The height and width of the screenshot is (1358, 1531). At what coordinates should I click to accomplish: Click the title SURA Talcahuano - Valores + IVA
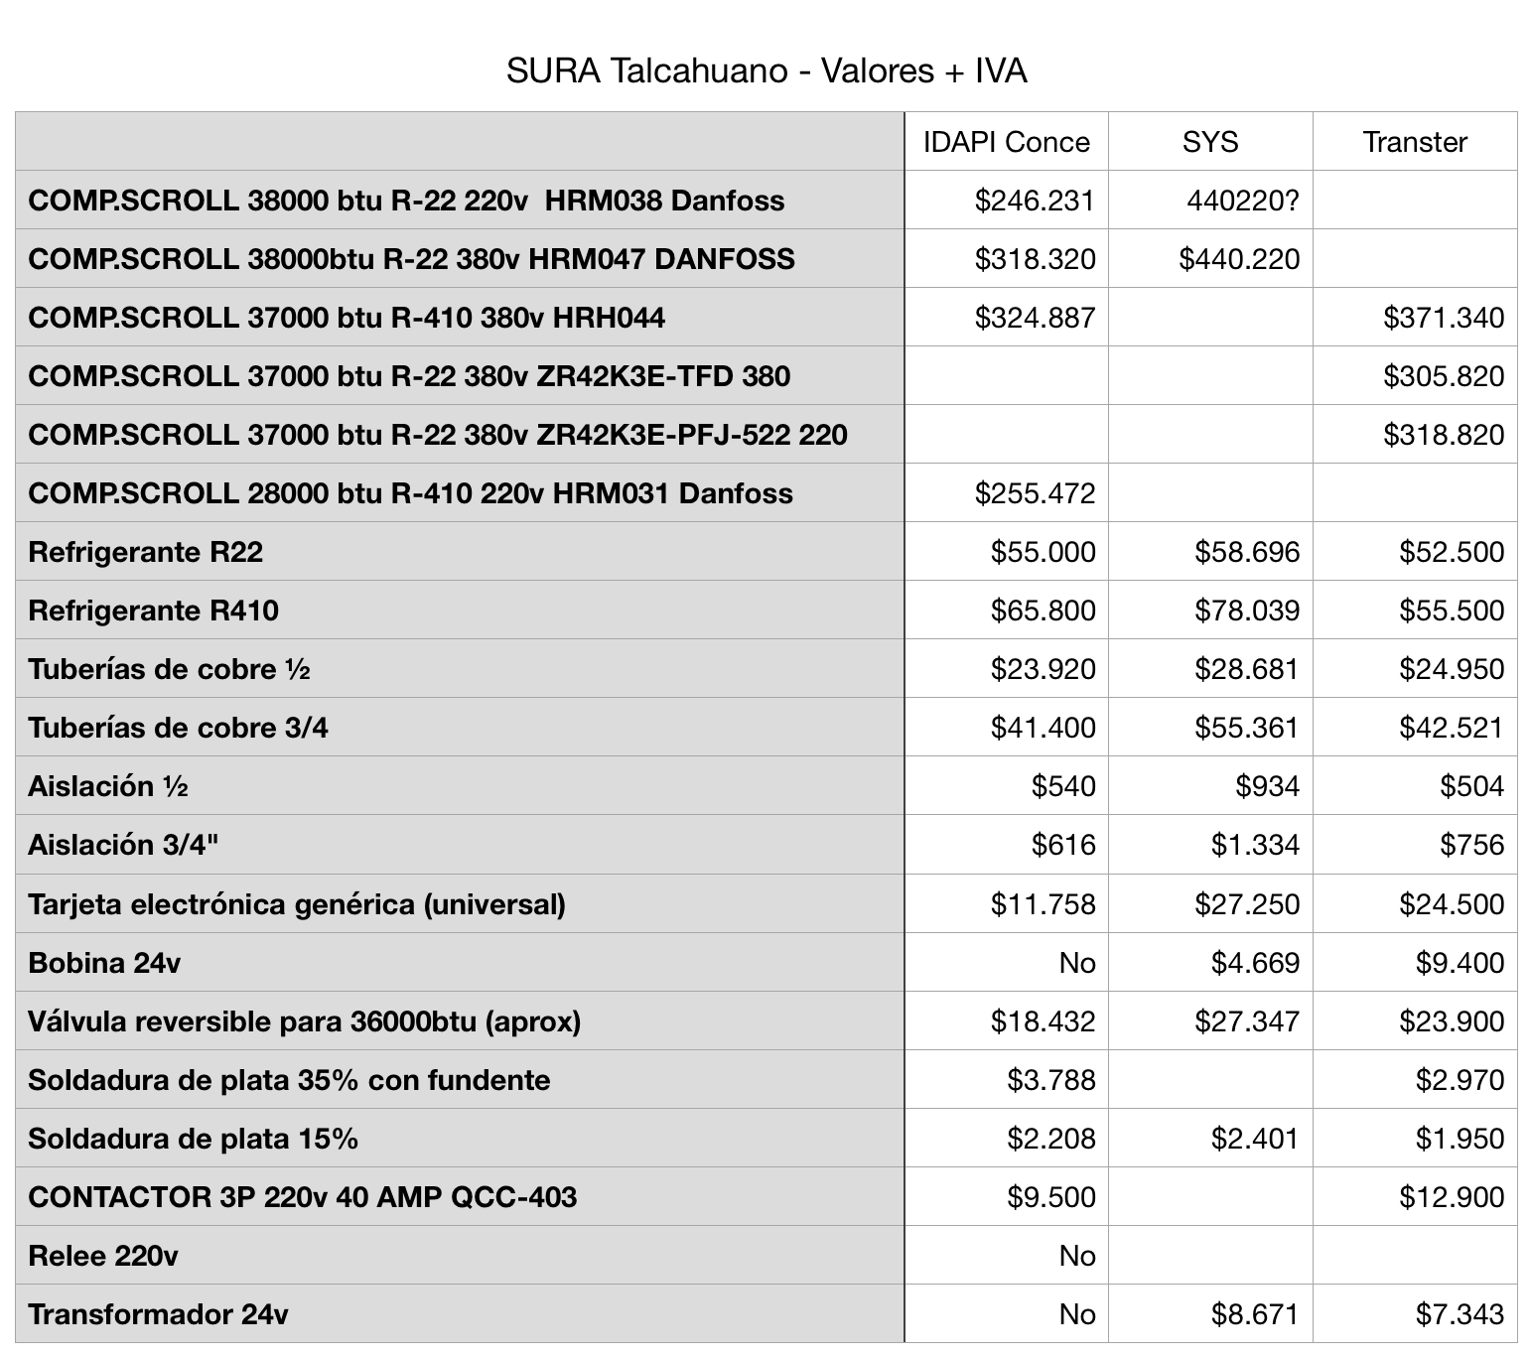[x=765, y=71]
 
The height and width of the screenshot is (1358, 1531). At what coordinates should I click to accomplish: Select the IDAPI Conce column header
[x=1006, y=142]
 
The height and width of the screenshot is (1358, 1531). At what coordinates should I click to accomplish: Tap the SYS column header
[x=1209, y=142]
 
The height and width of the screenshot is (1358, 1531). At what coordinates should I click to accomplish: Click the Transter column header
[x=1414, y=142]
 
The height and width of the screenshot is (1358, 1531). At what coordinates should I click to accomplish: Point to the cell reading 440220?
[x=1242, y=202]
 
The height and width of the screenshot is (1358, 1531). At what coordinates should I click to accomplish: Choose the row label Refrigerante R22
[x=146, y=552]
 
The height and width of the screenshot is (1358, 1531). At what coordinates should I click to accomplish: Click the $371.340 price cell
[x=1444, y=318]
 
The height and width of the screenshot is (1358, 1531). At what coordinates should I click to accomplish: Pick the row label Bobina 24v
[x=104, y=963]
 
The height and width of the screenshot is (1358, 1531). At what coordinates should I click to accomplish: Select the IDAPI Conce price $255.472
[x=1035, y=493]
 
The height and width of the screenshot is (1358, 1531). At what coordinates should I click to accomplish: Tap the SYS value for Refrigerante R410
[x=1246, y=611]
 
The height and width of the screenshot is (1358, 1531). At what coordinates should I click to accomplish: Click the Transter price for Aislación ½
[x=1471, y=786]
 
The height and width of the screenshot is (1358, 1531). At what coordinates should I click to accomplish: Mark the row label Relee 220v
[x=103, y=1256]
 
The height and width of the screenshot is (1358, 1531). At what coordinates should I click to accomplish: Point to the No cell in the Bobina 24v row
[x=1076, y=963]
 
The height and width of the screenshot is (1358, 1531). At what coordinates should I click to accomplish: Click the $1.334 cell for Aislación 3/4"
[x=1254, y=845]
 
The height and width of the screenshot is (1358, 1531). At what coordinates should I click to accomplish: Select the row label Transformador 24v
[x=158, y=1314]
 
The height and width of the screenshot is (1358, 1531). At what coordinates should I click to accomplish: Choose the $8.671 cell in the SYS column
[x=1254, y=1314]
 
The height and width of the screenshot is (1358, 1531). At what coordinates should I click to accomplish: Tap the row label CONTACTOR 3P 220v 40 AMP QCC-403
[x=302, y=1197]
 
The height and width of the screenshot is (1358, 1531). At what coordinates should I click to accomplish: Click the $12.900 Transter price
[x=1452, y=1197]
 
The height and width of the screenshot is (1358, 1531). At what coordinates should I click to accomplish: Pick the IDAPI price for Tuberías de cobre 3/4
[x=1043, y=728]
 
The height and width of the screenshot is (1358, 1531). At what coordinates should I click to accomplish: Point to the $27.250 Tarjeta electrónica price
[x=1246, y=904]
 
